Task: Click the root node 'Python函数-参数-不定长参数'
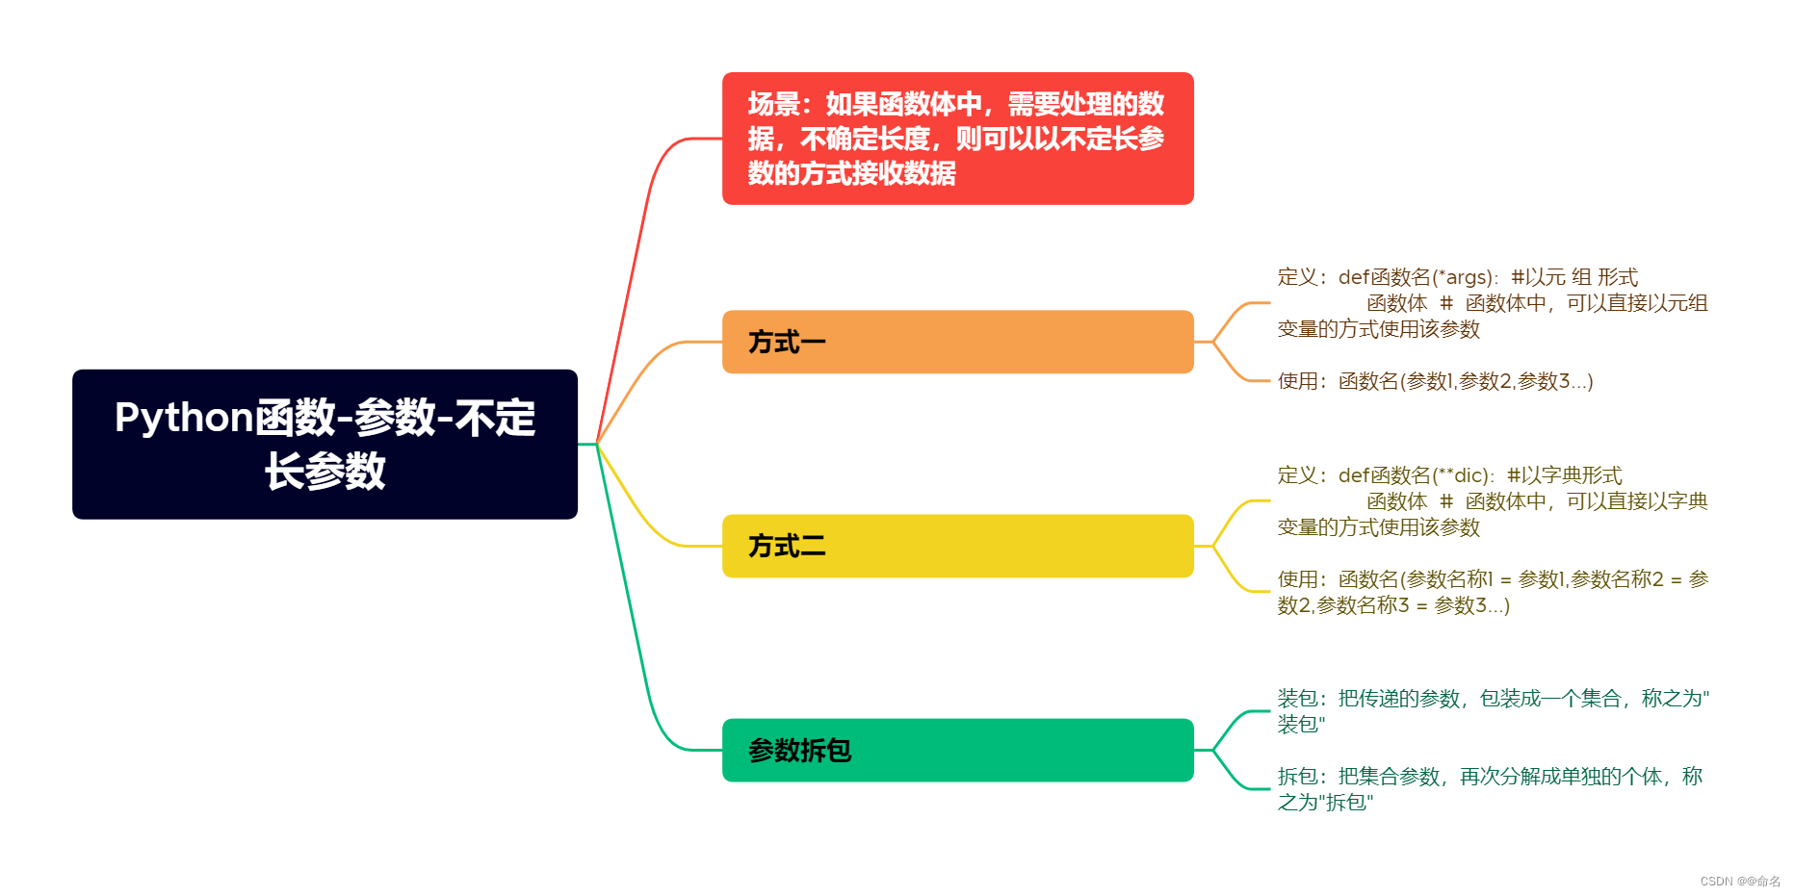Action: (x=325, y=444)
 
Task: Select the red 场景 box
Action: (x=957, y=139)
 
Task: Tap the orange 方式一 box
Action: (x=957, y=342)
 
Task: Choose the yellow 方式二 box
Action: (x=957, y=546)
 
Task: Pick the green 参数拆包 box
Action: (x=957, y=750)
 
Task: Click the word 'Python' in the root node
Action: (x=184, y=419)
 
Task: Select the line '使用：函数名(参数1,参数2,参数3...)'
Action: (x=1435, y=381)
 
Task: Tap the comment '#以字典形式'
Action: (x=1565, y=475)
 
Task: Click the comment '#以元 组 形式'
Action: (x=1574, y=277)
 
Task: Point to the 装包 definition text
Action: (x=1493, y=710)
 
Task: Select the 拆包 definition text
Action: (x=1490, y=788)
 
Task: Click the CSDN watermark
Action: (x=1739, y=881)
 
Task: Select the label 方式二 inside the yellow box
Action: (x=787, y=546)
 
